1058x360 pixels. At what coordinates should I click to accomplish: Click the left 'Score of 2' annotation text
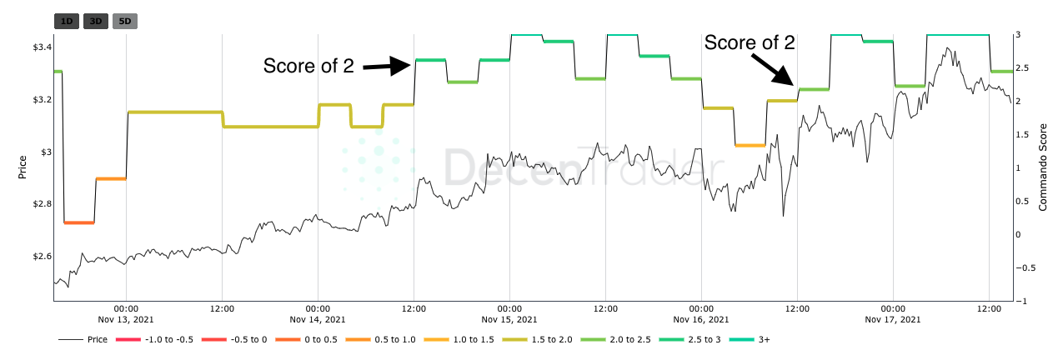click(x=308, y=66)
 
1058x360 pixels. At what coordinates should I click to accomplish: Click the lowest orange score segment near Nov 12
click(x=79, y=222)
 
